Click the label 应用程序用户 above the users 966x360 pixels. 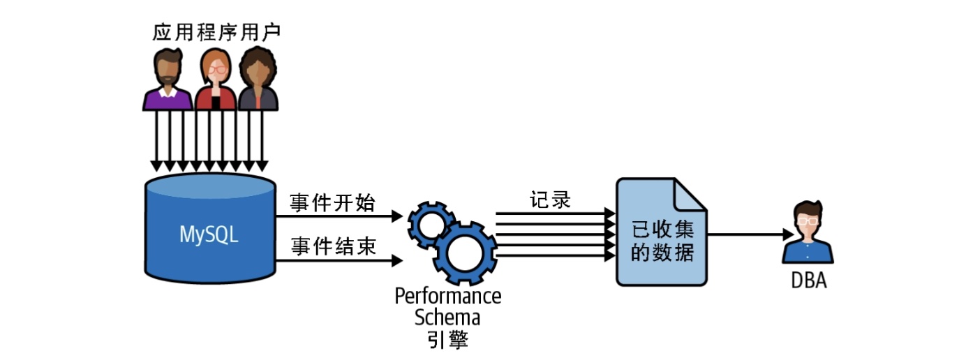[210, 33]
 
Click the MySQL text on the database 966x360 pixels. [209, 234]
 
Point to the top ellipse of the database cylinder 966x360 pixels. [209, 186]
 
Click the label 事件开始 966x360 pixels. [333, 203]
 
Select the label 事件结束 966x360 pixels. [333, 246]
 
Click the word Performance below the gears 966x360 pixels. [447, 296]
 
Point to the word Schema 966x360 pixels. [447, 318]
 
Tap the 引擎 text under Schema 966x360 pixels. [447, 340]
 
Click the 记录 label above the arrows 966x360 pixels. [550, 200]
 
